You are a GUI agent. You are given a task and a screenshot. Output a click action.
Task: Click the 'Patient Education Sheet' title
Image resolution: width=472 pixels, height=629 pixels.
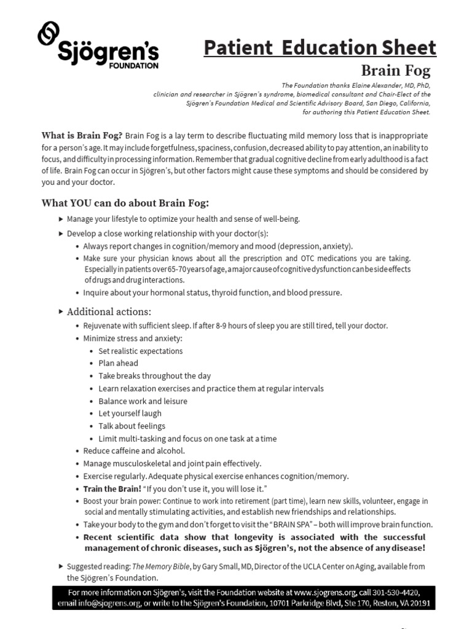coord(320,47)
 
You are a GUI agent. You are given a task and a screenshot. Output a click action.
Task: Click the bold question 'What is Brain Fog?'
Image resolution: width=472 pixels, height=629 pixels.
coord(82,135)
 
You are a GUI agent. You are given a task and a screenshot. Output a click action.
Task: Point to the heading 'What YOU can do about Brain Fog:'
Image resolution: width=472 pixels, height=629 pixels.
coord(125,203)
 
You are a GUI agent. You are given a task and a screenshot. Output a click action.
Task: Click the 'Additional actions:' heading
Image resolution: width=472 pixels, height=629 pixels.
coord(109,311)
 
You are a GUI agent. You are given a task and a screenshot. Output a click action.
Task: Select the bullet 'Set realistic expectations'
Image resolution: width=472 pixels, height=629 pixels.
coord(140,351)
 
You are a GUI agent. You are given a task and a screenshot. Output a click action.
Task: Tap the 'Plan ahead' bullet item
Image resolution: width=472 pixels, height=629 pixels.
coord(118,363)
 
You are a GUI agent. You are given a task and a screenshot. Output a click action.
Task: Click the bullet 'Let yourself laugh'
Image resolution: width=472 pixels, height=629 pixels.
coord(130,413)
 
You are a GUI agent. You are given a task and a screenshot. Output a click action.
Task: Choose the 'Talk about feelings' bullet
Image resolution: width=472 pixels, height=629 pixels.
coord(132,426)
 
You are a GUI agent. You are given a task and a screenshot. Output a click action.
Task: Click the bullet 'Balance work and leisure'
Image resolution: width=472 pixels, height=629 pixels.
coord(143,401)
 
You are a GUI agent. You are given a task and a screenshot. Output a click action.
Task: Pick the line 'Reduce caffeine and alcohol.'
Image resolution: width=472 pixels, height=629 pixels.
coord(134,451)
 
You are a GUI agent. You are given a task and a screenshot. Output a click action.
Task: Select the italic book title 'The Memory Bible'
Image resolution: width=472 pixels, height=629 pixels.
coord(157,566)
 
